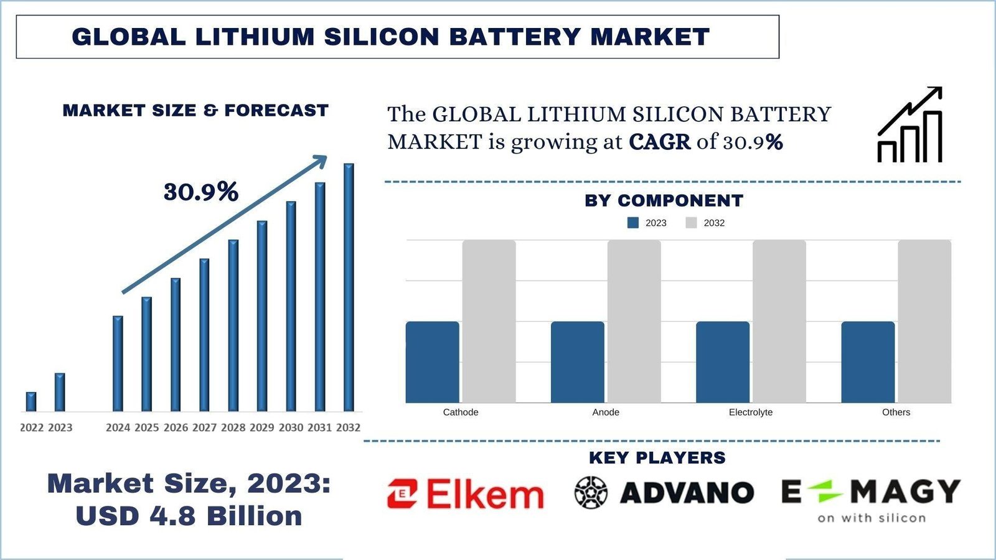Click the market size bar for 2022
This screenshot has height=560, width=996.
[x=31, y=402]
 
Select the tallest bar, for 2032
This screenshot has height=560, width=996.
[x=349, y=287]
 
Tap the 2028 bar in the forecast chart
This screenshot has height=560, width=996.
[x=233, y=325]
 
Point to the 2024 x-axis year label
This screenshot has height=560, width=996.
[x=118, y=427]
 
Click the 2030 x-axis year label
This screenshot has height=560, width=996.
[x=291, y=427]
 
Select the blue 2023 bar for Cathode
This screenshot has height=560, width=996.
[x=432, y=362]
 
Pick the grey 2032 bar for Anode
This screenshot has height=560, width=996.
[x=634, y=322]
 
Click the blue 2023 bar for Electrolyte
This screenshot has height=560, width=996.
[x=722, y=362]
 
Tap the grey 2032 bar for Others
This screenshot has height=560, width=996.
[x=924, y=322]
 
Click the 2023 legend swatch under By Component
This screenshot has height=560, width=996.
[x=633, y=223]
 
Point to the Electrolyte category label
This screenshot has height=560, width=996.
[x=751, y=412]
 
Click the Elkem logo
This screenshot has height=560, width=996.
[x=465, y=495]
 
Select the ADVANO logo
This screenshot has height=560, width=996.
[x=664, y=493]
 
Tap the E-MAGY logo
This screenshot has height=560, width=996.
[x=871, y=498]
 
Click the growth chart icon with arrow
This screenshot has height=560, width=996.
[x=909, y=125]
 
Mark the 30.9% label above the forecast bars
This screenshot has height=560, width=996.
[x=200, y=192]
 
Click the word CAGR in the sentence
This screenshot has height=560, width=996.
[x=660, y=142]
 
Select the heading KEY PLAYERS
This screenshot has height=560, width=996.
[x=657, y=457]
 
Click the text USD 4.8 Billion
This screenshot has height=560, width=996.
[x=189, y=516]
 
